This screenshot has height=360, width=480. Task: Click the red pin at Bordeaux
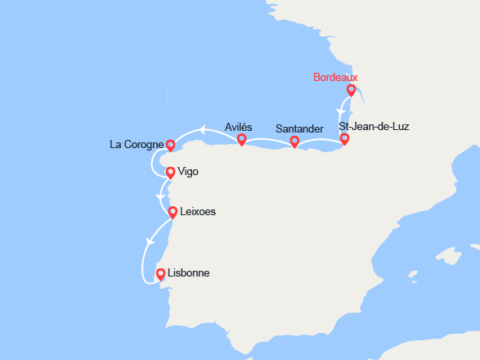[x=351, y=90]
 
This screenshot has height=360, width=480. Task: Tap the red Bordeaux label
[x=335, y=78]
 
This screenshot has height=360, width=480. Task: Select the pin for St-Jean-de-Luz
[x=344, y=138]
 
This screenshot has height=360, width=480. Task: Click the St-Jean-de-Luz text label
[x=374, y=127]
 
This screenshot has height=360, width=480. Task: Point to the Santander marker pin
[x=294, y=142]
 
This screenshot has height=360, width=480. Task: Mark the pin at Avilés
[x=241, y=140]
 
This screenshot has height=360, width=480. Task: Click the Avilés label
[x=239, y=127]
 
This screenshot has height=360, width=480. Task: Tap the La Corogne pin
[x=170, y=145]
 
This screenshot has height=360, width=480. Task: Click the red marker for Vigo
[x=169, y=173]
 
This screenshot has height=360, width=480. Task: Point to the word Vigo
[x=187, y=173]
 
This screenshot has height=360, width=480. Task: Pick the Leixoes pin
[x=173, y=213]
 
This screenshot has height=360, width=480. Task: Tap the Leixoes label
[x=197, y=213]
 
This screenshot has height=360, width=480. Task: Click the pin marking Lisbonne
[x=160, y=274]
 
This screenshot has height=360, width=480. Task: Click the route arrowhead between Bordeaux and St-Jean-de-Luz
[x=340, y=110]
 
